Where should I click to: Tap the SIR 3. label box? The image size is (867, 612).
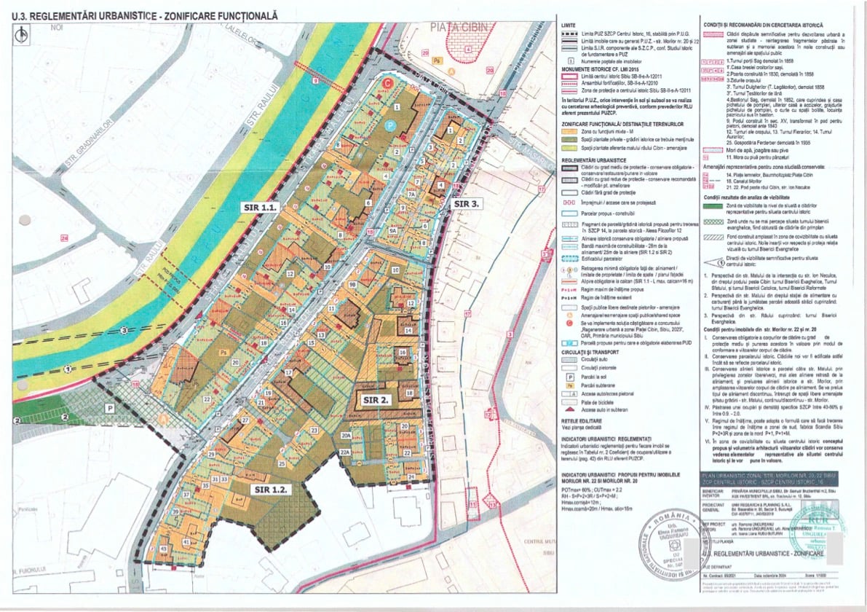click(x=465, y=204)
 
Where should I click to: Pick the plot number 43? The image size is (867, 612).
click(x=164, y=549)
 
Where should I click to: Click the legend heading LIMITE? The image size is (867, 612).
click(x=569, y=25)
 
